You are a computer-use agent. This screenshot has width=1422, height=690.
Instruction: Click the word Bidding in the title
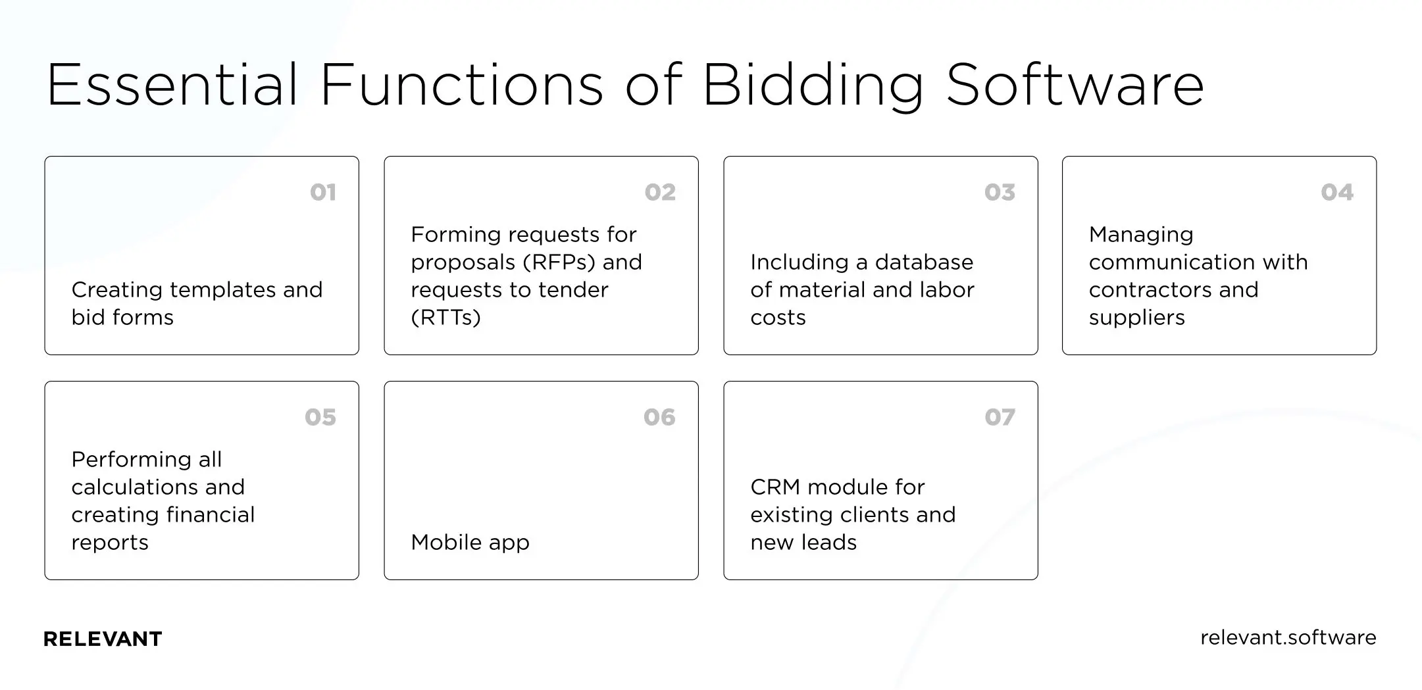813,86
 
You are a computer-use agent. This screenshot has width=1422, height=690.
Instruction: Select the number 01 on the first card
323,192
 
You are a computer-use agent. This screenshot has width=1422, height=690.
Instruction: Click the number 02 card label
660,192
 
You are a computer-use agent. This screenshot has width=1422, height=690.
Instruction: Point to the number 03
1000,192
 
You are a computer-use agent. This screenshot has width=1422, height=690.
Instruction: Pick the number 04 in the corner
1336,192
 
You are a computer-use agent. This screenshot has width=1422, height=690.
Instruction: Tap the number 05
320,417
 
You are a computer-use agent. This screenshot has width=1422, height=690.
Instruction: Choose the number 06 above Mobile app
659,417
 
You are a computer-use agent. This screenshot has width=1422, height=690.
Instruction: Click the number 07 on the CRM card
1000,417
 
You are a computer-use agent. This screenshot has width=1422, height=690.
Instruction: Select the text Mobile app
470,542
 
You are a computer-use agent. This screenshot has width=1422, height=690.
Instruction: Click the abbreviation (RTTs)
445,318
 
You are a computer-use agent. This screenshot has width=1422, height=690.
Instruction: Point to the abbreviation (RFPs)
559,262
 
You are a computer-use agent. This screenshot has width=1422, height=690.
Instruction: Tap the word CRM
774,487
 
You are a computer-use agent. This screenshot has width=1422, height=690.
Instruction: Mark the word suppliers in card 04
1136,318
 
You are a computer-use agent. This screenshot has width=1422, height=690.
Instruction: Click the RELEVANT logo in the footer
103,639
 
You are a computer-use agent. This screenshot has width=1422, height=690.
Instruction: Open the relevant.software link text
1288,637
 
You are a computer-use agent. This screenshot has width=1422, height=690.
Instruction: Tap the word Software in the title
1075,86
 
